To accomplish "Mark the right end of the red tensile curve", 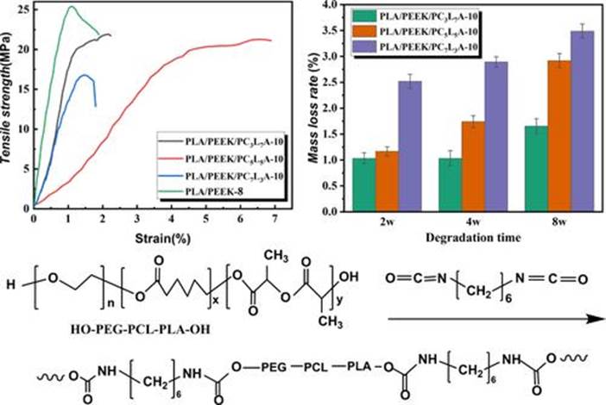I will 270,40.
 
